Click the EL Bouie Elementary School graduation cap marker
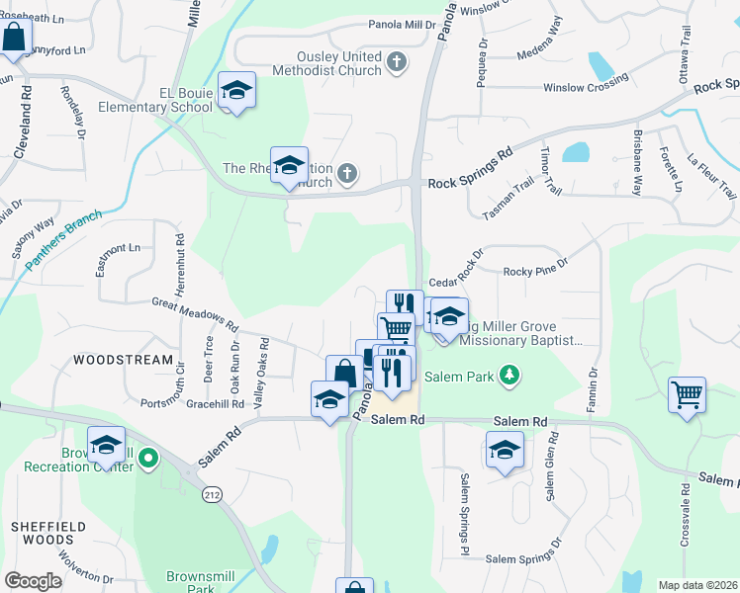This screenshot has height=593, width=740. click(x=236, y=91)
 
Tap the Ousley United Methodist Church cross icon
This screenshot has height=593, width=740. click(x=396, y=63)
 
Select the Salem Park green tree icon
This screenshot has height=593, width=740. click(x=509, y=376)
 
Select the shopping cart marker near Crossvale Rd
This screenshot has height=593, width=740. click(x=687, y=395)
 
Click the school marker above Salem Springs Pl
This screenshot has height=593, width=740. click(x=505, y=452)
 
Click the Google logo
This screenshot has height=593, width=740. click(x=33, y=580)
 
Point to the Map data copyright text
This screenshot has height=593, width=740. click(x=697, y=585)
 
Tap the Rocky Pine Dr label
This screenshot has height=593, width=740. click(x=535, y=268)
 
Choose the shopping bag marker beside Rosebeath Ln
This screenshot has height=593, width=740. click(x=15, y=40)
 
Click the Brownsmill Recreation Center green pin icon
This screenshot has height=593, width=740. click(x=148, y=458)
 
